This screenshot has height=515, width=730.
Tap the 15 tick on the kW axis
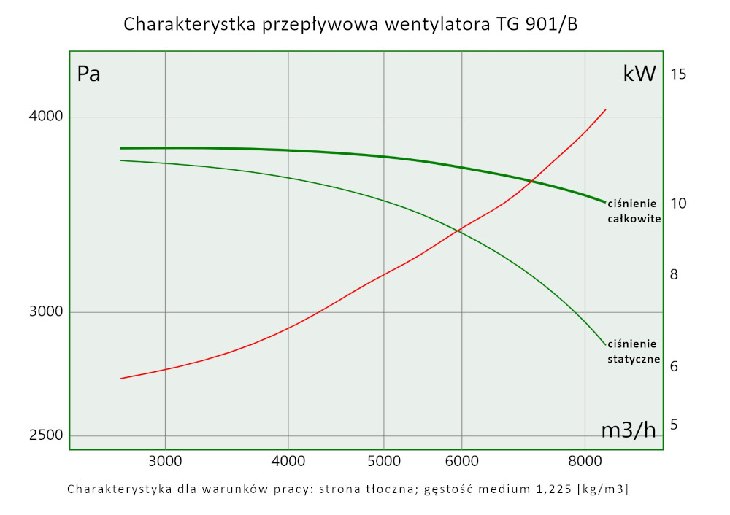(678, 74)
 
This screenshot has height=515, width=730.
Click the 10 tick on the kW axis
(678, 203)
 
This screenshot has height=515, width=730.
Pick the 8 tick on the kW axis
(675, 274)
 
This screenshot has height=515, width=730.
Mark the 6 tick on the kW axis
(675, 366)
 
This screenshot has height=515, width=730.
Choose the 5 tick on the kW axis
(675, 424)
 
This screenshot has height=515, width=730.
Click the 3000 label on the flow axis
(165, 461)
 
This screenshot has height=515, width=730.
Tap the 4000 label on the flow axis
(288, 461)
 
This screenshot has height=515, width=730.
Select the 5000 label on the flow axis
(384, 461)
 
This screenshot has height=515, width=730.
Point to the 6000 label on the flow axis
(461, 461)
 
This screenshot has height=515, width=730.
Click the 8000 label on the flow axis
(585, 461)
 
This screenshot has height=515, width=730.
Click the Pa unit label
(88, 74)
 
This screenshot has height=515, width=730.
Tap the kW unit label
(639, 74)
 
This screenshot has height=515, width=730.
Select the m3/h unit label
(628, 430)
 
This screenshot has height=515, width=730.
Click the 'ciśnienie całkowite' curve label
(634, 211)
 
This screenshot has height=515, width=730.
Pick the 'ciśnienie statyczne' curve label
(634, 352)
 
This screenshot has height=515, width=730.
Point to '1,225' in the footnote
(549, 489)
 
